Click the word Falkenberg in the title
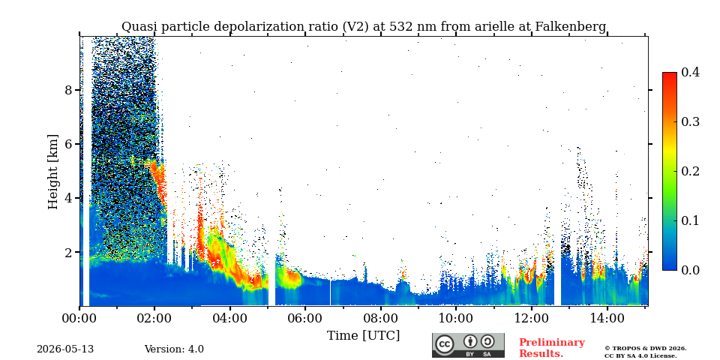(x=571, y=27)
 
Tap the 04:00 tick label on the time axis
(x=229, y=318)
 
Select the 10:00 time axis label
(x=455, y=318)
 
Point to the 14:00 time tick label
(x=607, y=318)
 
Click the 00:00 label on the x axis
(x=79, y=318)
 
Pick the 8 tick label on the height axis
(x=68, y=90)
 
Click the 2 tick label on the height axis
(x=68, y=252)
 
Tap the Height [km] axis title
(x=53, y=172)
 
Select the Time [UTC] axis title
(x=363, y=336)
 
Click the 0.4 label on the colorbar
(x=690, y=72)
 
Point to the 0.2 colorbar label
(x=690, y=171)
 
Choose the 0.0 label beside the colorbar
(x=690, y=270)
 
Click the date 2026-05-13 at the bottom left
(x=65, y=349)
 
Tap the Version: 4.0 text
(x=174, y=349)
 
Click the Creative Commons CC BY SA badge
(x=468, y=345)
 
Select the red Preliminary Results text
(x=551, y=348)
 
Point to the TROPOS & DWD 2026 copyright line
(x=646, y=349)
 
